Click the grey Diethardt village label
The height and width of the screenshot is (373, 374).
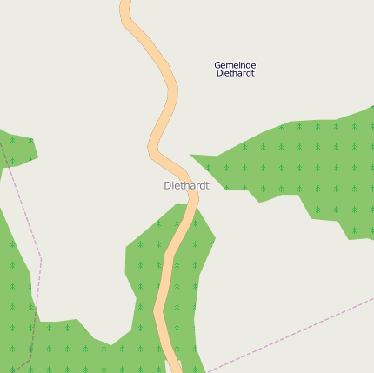tap(186, 185)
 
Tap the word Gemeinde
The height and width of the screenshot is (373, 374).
tap(235, 65)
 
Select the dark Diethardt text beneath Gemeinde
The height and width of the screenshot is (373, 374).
tap(235, 74)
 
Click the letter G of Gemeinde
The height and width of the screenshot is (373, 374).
tap(217, 65)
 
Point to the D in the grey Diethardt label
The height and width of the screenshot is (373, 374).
tap(167, 185)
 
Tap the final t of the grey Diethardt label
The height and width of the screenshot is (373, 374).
tap(207, 185)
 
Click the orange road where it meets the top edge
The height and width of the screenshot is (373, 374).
tap(125, 3)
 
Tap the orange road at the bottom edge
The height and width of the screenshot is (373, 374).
tap(172, 369)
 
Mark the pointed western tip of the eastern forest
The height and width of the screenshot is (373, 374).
tap(192, 157)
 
